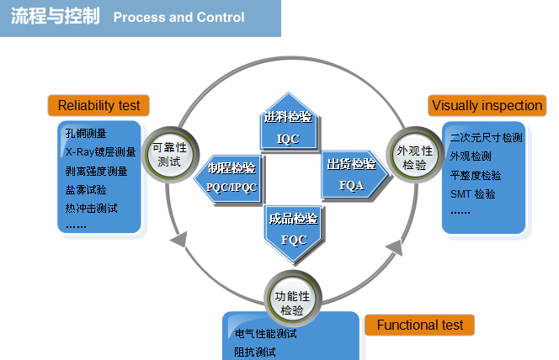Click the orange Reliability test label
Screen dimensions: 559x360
pyautogui.click(x=98, y=105)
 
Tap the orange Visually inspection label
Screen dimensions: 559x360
pyautogui.click(x=487, y=105)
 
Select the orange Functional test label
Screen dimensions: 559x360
pyautogui.click(x=419, y=325)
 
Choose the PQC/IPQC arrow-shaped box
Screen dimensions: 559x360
pyautogui.click(x=229, y=178)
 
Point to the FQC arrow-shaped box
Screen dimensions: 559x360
pyautogui.click(x=294, y=234)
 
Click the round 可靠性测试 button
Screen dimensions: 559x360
pyautogui.click(x=170, y=155)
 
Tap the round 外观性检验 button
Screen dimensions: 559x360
pyautogui.click(x=414, y=155)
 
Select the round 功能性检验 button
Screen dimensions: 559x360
pyautogui.click(x=292, y=299)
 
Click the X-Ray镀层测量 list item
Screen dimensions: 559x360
pyautogui.click(x=100, y=152)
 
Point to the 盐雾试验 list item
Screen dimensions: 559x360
pyautogui.click(x=86, y=190)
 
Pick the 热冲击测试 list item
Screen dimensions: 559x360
pyautogui.click(x=91, y=209)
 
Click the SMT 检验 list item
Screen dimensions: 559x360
pyautogui.click(x=473, y=194)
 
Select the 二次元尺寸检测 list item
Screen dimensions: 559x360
pyautogui.click(x=487, y=138)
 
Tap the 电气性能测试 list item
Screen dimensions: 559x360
pyautogui.click(x=265, y=334)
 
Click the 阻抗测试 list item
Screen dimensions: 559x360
pyautogui.click(x=255, y=352)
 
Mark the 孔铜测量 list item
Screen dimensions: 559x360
pyautogui.click(x=86, y=134)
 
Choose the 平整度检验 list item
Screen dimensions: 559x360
pyautogui.click(x=476, y=175)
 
